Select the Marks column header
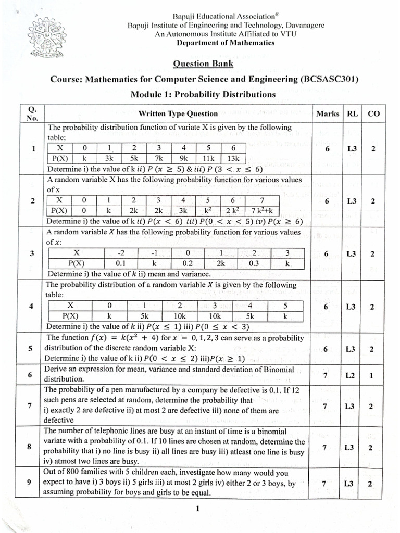327,113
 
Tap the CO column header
373,113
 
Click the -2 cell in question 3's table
121,253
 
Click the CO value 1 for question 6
372,375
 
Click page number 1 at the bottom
198,510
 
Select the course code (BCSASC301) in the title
323,79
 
